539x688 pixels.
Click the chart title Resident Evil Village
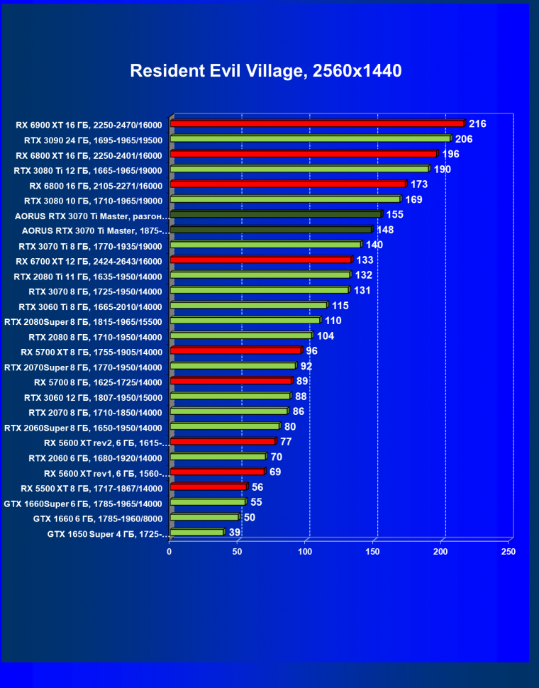tap(265, 71)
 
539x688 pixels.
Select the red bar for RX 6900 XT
tap(317, 124)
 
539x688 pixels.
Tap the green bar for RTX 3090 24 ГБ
tap(310, 139)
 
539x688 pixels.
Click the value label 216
tap(477, 124)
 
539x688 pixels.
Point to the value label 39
tap(235, 533)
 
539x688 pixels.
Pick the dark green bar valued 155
tap(275, 214)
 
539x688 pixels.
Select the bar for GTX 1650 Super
tap(196, 533)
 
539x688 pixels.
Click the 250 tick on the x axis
tap(508, 551)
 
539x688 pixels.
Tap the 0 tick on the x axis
tap(170, 551)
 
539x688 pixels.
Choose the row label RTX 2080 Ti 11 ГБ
tap(88, 276)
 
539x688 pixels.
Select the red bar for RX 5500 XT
tap(208, 487)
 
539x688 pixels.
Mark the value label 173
tap(419, 184)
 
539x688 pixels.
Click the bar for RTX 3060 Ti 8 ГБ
tap(248, 306)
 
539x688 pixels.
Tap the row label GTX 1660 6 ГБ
tap(97, 518)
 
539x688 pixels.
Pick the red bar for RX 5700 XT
tap(235, 351)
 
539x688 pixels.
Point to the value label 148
tap(385, 230)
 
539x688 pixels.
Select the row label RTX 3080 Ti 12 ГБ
tap(88, 170)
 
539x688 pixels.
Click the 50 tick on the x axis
tap(237, 551)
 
